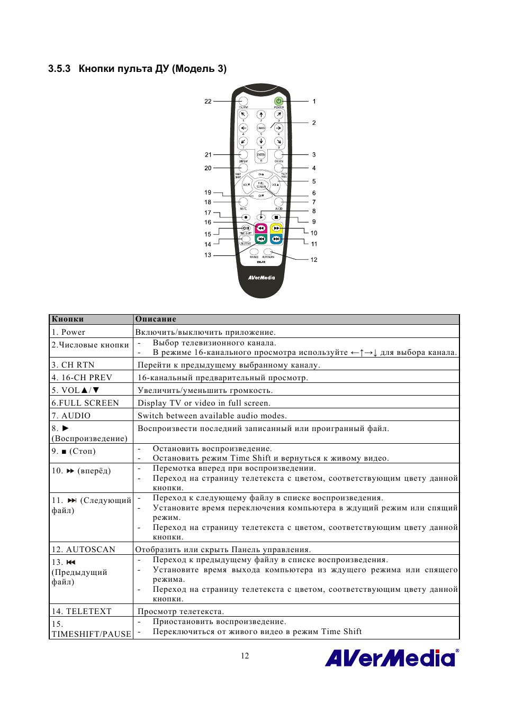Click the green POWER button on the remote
pos(278,101)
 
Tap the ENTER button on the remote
pos(261,155)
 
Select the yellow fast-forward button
pos(276,228)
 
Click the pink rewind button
pos(261,228)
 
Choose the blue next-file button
pos(276,239)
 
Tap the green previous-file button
pos(261,239)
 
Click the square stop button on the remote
pos(276,217)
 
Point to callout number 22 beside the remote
pos(208,102)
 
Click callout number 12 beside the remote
pos(314,260)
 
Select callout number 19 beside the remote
pos(208,193)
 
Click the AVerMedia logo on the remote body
pos(261,278)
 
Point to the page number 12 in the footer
pos(245,656)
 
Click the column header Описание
pos(156,319)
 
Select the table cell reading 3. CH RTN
pos(73,365)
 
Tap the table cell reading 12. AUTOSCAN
pos(83,550)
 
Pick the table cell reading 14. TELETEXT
pos(82,611)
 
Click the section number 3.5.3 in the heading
pos(59,69)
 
